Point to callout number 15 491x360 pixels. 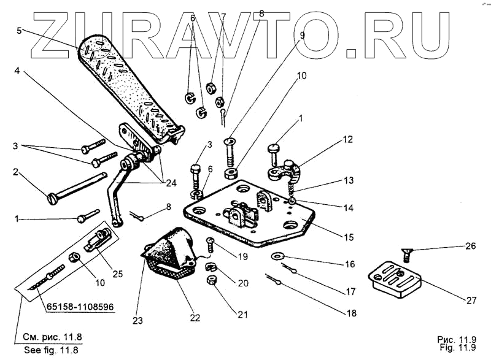348,237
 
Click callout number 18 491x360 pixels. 350,313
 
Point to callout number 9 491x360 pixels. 301,36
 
